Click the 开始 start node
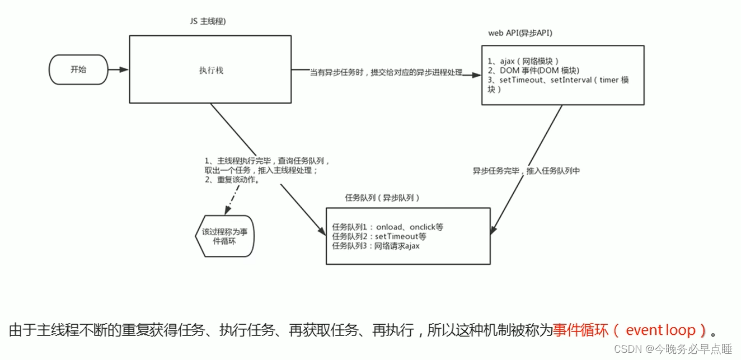[78, 70]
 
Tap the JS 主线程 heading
[208, 22]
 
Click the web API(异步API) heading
[520, 32]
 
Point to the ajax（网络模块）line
[523, 60]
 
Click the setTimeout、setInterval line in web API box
[558, 80]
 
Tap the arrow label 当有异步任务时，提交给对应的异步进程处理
[386, 73]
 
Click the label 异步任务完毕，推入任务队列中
[526, 171]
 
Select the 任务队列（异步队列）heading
[382, 198]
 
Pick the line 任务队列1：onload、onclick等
[387, 227]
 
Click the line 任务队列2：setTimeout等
[379, 236]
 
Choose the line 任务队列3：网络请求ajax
[376, 245]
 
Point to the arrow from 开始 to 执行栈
[118, 70]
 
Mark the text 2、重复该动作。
[232, 180]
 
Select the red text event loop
[660, 330]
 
